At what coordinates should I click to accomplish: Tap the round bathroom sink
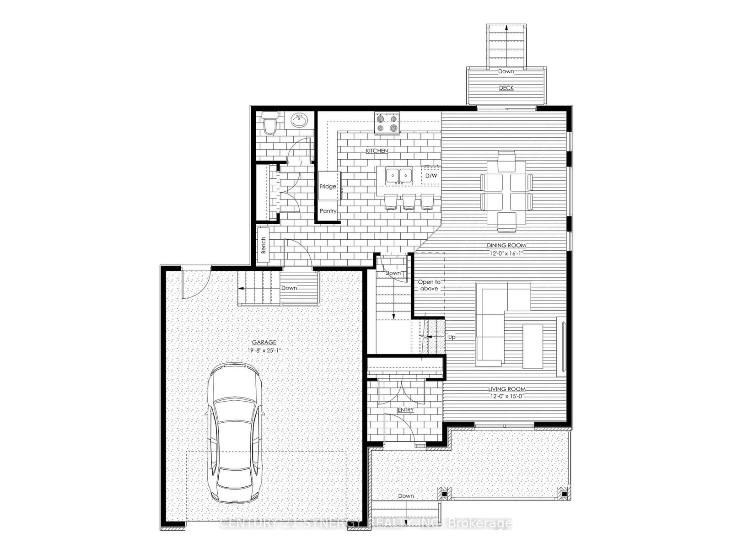(299, 122)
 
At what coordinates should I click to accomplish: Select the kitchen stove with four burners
(387, 124)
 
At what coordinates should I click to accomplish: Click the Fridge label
(328, 186)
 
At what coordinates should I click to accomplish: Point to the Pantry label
(328, 211)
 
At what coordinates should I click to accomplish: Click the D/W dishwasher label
(431, 176)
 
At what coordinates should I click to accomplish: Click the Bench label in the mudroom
(264, 246)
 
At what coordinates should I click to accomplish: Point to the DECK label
(506, 88)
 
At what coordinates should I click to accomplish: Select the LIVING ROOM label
(506, 389)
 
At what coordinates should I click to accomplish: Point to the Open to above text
(429, 285)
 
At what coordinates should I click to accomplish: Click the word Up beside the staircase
(452, 337)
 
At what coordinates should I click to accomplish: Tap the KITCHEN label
(377, 151)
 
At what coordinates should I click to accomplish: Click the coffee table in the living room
(533, 339)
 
